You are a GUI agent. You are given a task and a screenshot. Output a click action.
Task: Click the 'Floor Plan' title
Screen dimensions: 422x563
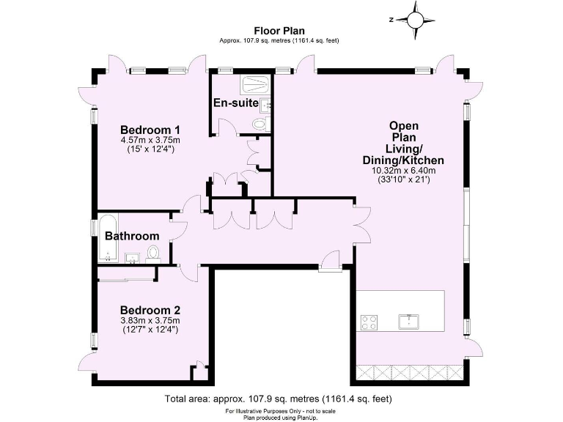point(279,30)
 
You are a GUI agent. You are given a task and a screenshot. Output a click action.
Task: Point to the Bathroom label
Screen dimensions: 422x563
point(132,236)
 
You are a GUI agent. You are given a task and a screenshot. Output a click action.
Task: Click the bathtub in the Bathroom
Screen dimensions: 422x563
point(108,238)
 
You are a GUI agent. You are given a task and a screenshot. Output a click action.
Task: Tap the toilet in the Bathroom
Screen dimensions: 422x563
point(153,253)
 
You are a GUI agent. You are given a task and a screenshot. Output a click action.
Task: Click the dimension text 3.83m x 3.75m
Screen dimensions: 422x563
point(150,320)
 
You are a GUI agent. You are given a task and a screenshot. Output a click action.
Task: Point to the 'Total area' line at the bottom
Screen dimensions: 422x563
point(278,399)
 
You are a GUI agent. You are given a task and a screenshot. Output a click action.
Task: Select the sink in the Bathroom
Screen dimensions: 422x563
point(133,256)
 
